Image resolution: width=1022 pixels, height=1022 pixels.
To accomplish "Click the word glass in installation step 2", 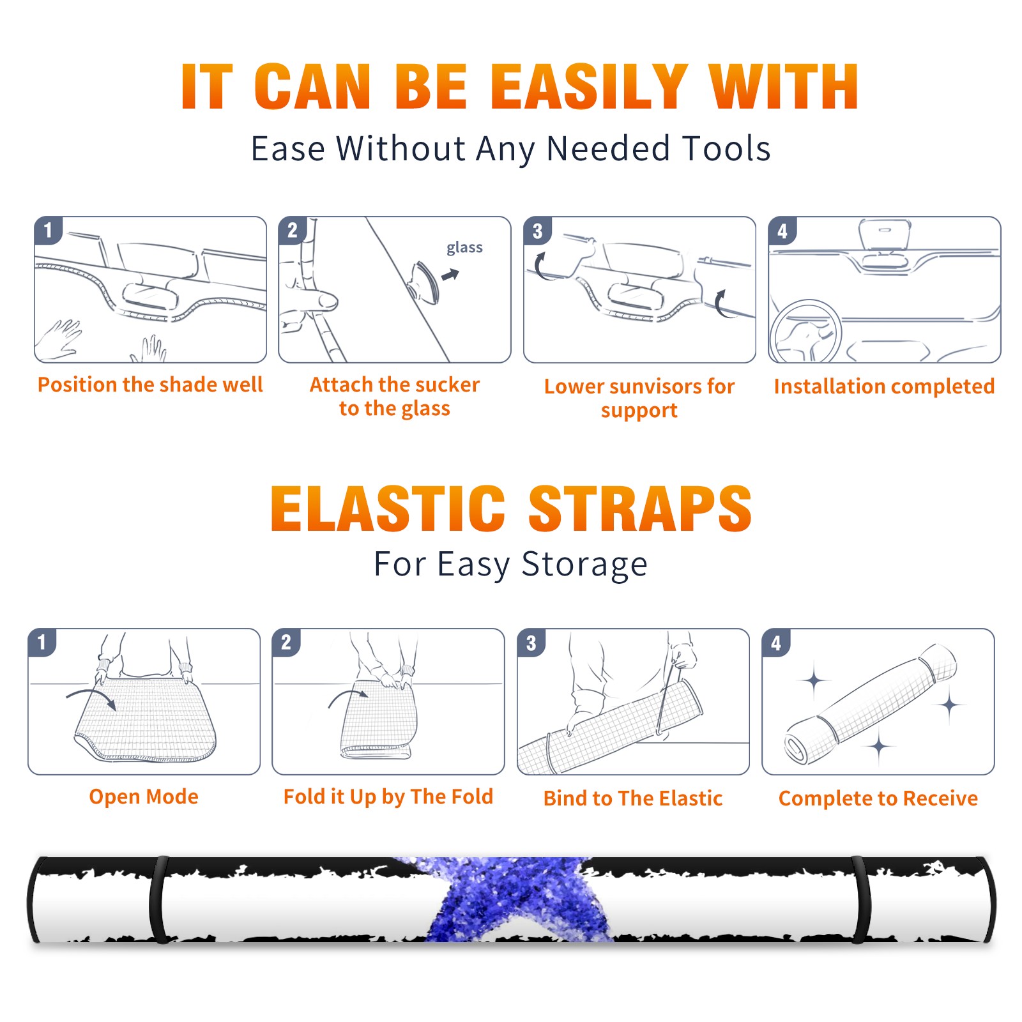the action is pos(464,248).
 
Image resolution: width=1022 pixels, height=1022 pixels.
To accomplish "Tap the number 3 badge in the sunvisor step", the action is pos(538,231).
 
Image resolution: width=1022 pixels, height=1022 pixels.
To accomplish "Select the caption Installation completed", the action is pos(884,386).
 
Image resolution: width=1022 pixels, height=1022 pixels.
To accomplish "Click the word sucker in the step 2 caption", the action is pos(446,385).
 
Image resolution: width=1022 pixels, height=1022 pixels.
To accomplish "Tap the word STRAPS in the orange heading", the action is pos(640,508).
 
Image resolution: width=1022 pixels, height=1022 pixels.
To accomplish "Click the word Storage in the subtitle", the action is pos(584,565).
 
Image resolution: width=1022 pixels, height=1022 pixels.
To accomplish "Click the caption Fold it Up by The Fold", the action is pos(388,797).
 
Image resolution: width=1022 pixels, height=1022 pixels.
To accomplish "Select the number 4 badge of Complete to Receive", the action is pos(777,643).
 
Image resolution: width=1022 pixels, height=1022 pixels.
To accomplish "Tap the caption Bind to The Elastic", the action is pos(633,798).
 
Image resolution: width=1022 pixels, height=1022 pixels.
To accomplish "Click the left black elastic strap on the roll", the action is pos(158,899).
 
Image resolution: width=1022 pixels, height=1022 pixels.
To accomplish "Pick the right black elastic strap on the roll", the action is pos(860,899).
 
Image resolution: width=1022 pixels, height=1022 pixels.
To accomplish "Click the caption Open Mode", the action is pos(144,797).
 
